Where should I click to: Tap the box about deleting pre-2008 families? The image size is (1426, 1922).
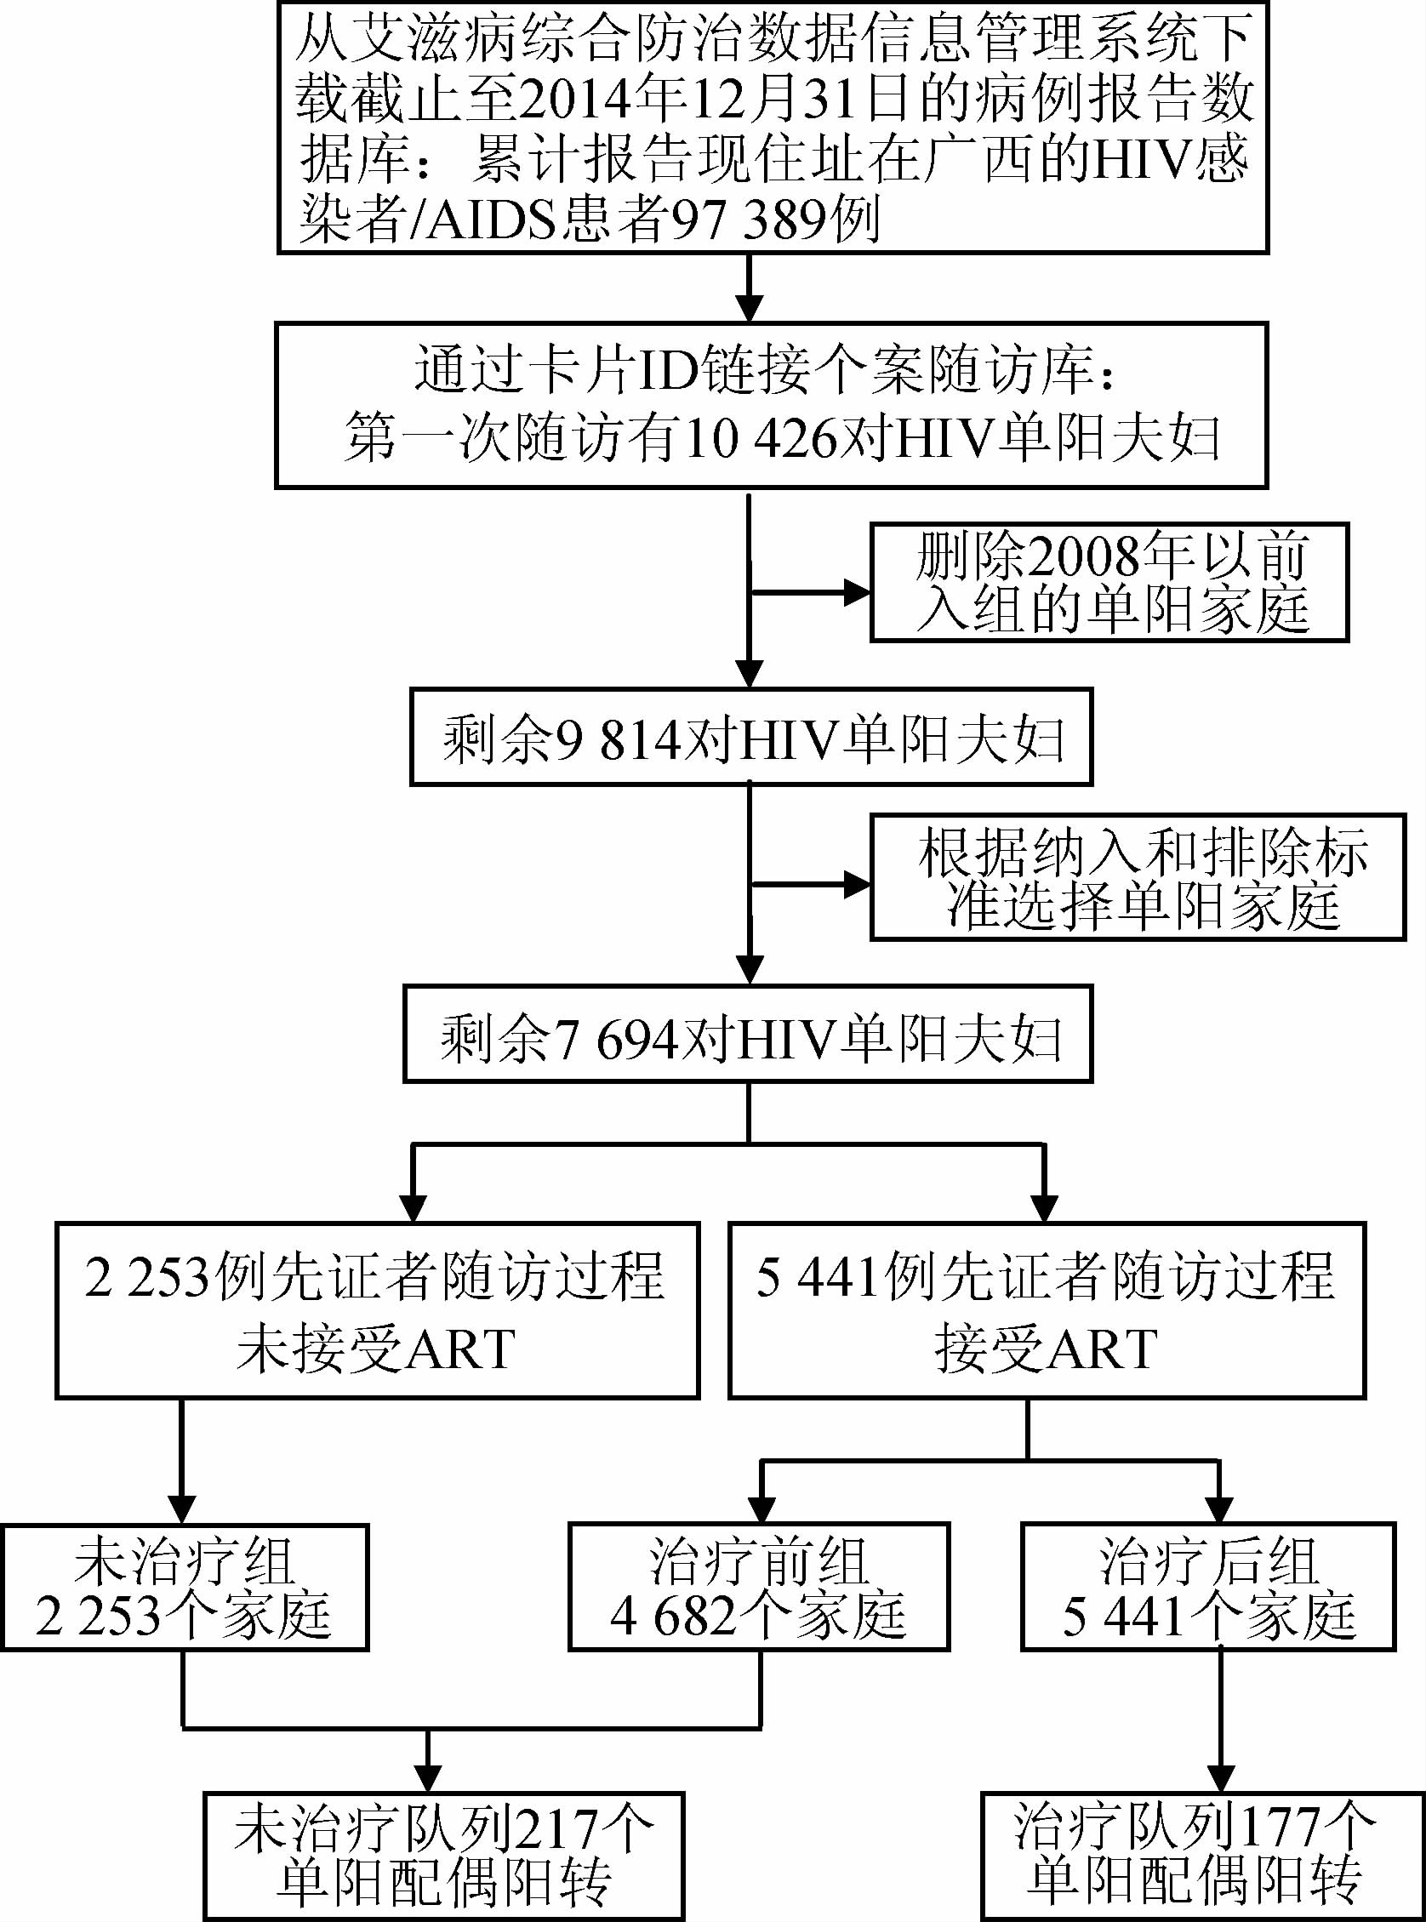(x=1109, y=583)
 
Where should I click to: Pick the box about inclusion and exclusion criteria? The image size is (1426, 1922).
(x=1138, y=878)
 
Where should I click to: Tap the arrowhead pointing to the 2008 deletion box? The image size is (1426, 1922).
(x=857, y=593)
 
